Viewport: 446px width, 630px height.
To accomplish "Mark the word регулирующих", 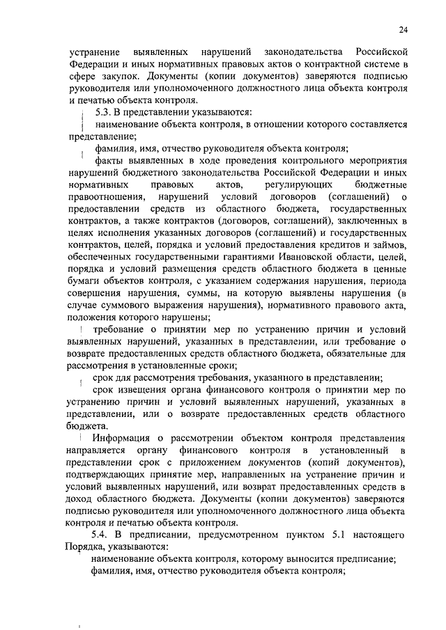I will pos(300,187).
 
